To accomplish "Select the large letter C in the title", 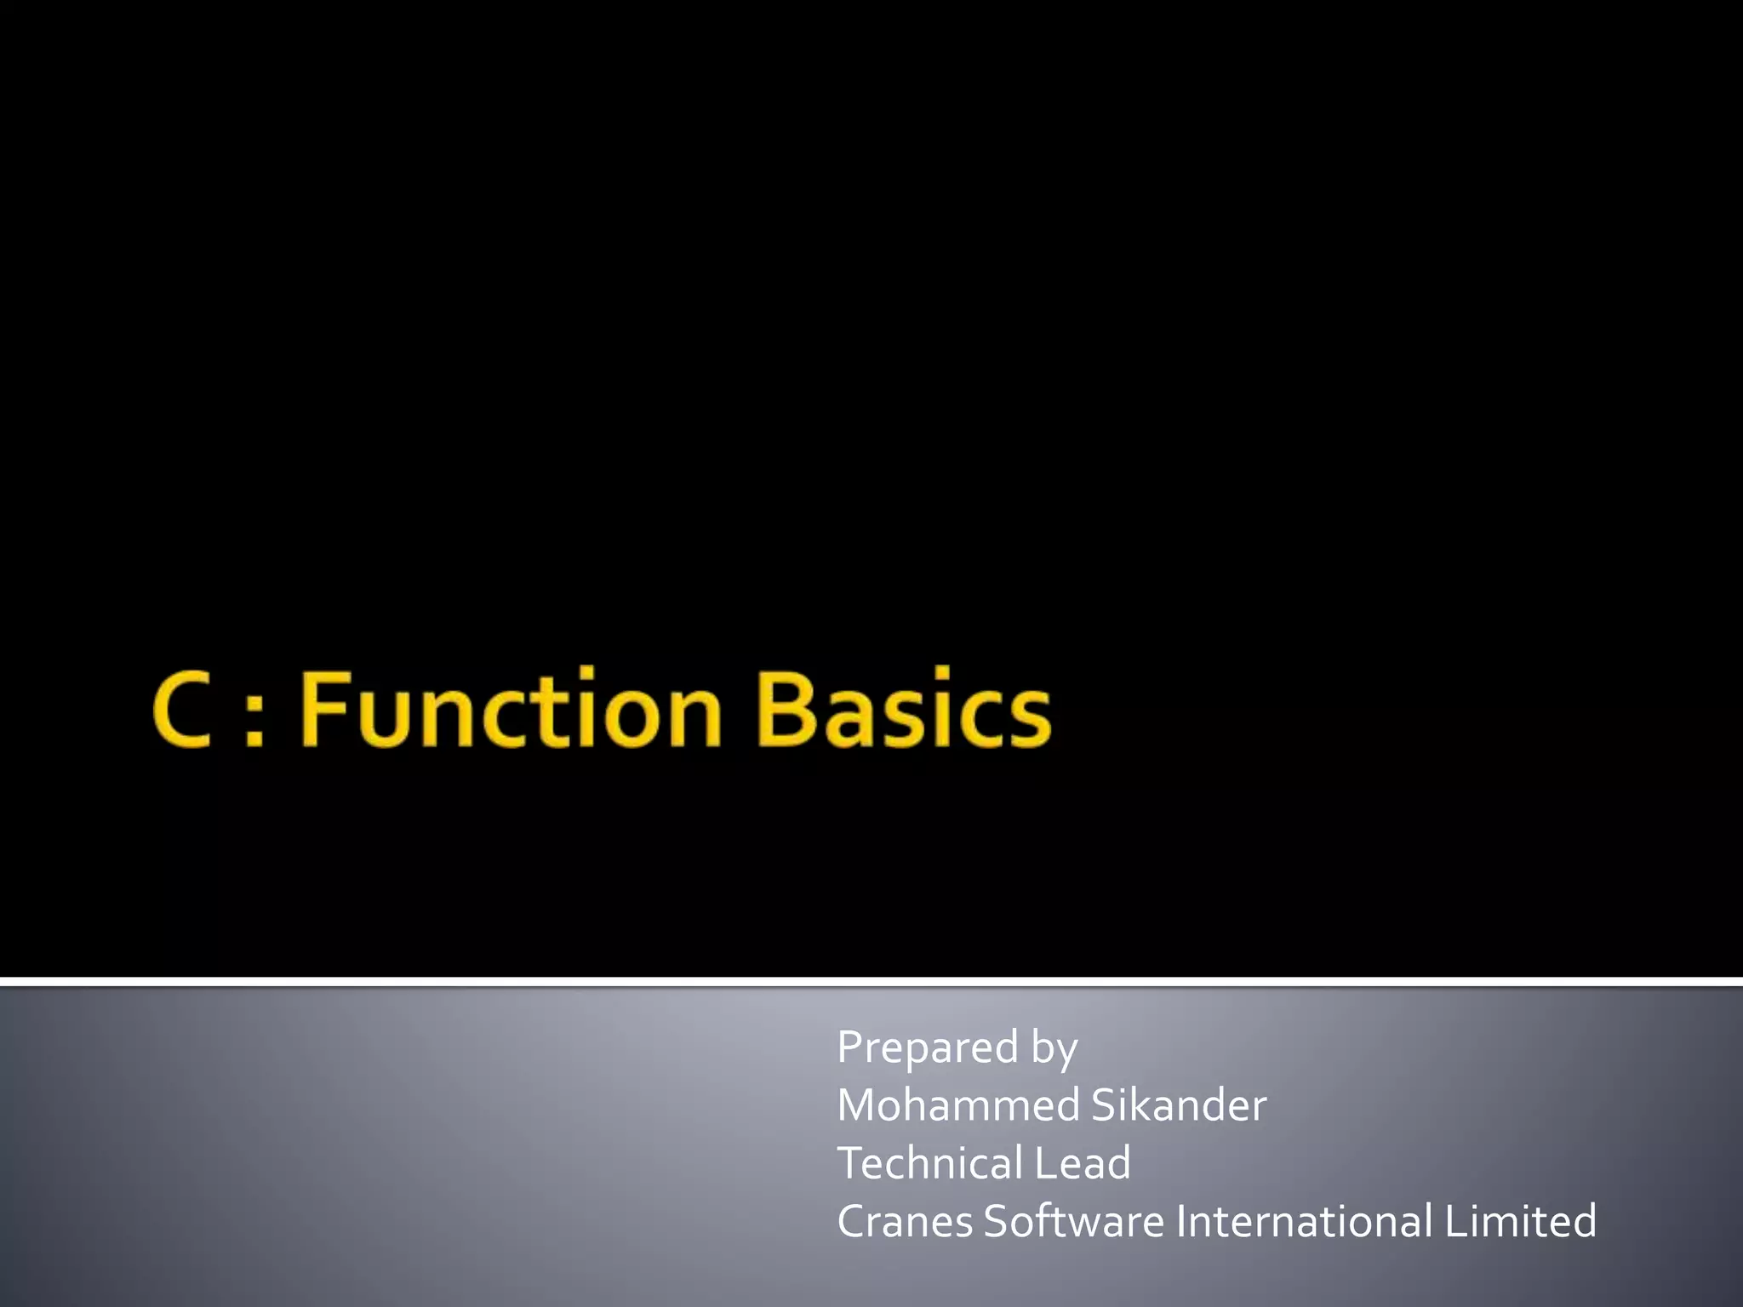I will click(181, 710).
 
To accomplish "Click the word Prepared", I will click(928, 1047).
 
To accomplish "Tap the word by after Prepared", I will click(1054, 1047).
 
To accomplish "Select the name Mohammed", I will click(958, 1105).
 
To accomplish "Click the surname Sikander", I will click(1179, 1105).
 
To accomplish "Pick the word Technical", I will click(930, 1163).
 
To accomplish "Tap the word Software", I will click(1074, 1221).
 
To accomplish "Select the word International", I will click(1303, 1221).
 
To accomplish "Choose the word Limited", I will click(1520, 1221).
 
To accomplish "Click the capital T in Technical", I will click(851, 1163).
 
